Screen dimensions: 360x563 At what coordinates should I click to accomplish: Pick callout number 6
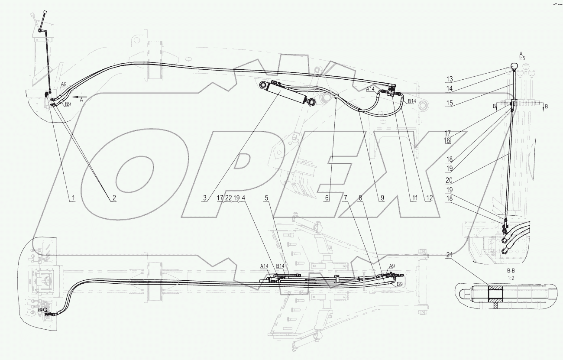click(327, 198)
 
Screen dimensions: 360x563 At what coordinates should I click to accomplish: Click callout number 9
click(382, 198)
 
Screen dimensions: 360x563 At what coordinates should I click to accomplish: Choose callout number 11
click(414, 198)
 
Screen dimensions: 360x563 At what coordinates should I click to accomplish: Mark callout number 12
click(429, 198)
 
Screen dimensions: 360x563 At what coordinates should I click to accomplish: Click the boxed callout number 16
click(448, 140)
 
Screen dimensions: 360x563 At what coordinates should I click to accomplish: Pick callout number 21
click(448, 255)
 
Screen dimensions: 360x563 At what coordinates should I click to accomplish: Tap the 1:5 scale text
click(521, 58)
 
